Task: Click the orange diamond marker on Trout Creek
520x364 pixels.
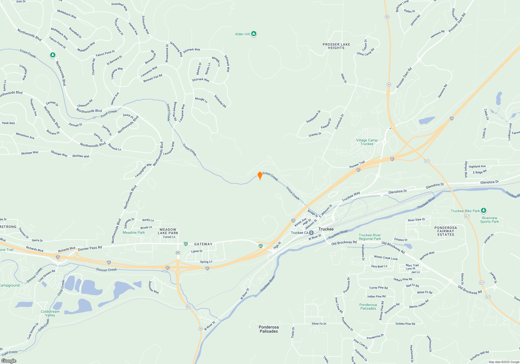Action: [260, 175]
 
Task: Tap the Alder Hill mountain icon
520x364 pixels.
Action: [254, 34]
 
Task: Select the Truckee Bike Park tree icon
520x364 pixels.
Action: [484, 210]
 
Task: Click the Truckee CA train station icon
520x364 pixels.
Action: [311, 233]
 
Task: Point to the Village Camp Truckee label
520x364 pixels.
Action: [367, 142]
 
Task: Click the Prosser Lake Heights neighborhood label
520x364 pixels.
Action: [336, 46]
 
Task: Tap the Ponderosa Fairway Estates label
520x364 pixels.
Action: [446, 231]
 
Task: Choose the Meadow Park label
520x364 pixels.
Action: [134, 232]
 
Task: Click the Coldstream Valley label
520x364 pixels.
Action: [50, 313]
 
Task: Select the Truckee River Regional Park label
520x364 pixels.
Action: [370, 237]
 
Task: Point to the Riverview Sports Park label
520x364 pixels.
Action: [489, 220]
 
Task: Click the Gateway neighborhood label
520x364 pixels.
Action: [203, 244]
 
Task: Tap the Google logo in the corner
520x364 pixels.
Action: [9, 361]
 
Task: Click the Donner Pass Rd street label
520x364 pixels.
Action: [90, 248]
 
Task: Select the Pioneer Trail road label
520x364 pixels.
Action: [357, 165]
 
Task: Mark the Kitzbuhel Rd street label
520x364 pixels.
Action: [220, 101]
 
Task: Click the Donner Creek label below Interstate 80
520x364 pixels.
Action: [106, 270]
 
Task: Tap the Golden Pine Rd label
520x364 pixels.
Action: [405, 324]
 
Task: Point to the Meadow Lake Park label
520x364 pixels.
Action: [168, 231]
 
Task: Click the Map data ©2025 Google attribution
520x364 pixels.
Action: [504, 362]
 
